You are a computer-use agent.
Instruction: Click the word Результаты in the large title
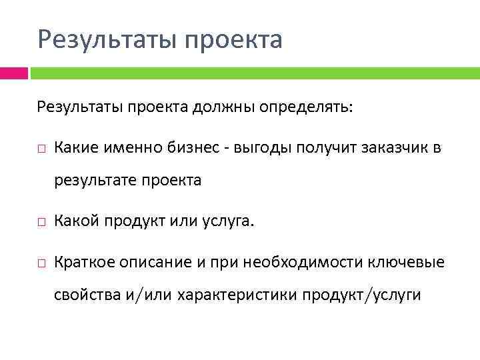coord(105,39)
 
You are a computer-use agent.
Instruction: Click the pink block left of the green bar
coord(13,73)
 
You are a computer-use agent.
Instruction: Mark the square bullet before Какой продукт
coord(41,222)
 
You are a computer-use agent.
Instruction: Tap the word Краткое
coord(84,263)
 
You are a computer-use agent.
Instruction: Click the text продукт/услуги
coord(362,296)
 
